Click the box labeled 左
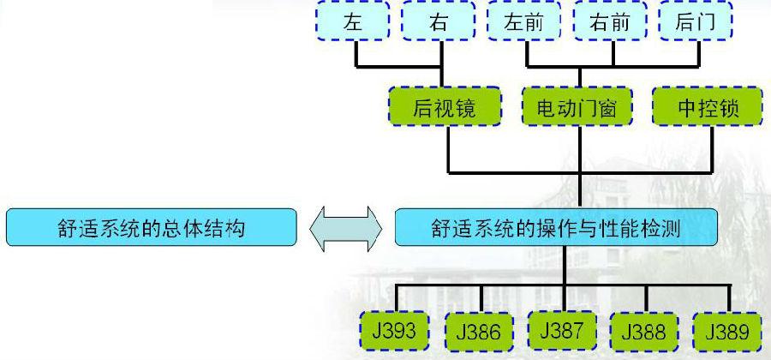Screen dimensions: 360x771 pos(353,22)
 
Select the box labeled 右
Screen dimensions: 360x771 pos(439,22)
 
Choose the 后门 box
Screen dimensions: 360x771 pos(695,22)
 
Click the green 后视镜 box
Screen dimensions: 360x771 pos(444,108)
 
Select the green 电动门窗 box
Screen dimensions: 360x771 pos(577,108)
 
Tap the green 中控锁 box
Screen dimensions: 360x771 pos(707,108)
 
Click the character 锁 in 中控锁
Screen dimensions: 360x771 pos(729,108)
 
